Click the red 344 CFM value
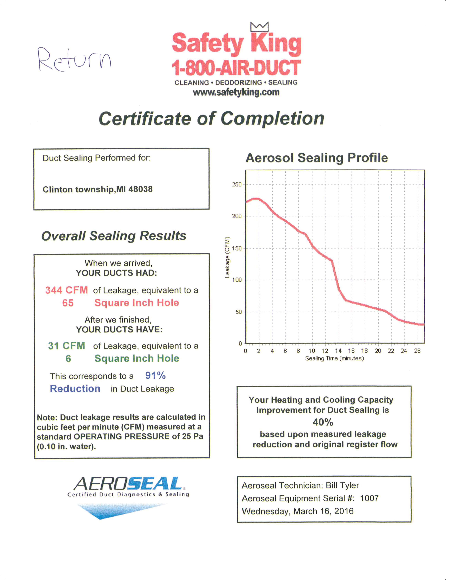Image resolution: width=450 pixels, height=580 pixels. click(66, 290)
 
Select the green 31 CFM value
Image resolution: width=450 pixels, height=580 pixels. click(66, 346)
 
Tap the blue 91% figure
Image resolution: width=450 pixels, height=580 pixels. click(155, 375)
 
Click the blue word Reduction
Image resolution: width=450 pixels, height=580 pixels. click(75, 389)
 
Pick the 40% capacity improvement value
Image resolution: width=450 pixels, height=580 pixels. click(323, 422)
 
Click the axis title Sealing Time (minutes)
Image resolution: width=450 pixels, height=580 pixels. click(334, 359)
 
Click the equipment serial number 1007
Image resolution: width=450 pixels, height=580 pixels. click(369, 498)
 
